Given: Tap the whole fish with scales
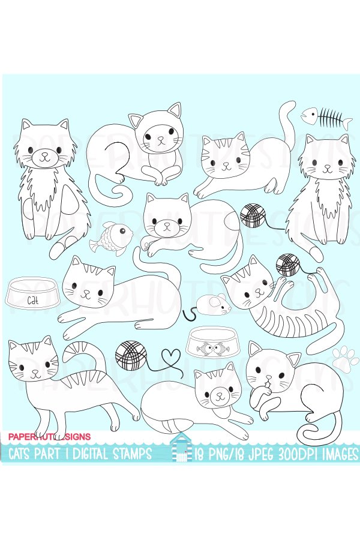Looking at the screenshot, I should (x=111, y=235).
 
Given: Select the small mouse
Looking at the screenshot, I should (x=214, y=306).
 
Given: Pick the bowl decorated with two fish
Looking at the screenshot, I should (x=210, y=346).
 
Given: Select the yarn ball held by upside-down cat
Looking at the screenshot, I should (x=287, y=263).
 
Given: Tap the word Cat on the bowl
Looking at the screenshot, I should (x=30, y=299).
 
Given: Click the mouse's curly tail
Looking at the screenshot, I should (x=191, y=313).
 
